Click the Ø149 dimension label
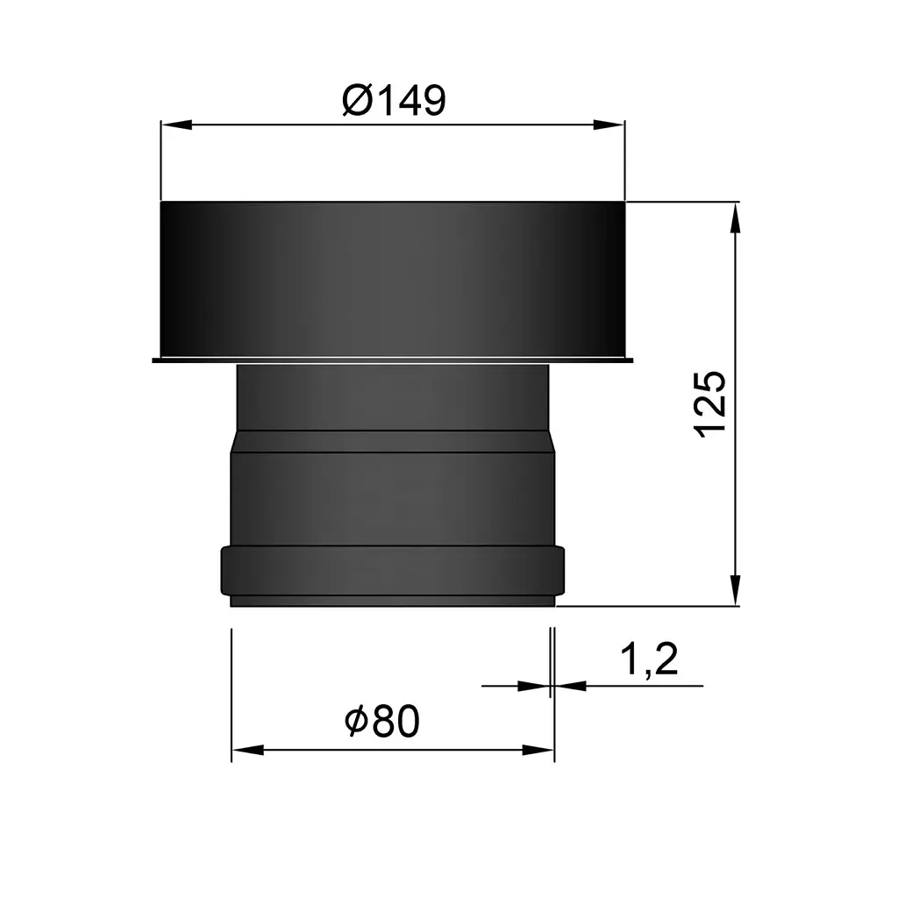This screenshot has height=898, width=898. [394, 101]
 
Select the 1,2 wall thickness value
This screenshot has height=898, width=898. [649, 659]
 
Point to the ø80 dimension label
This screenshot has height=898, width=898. [382, 723]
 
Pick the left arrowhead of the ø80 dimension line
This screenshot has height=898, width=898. [246, 751]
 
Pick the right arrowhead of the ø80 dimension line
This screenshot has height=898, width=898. [539, 751]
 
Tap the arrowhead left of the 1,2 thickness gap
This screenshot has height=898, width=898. [533, 686]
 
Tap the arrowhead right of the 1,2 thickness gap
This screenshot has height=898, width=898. [570, 686]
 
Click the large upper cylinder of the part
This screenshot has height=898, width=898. [393, 279]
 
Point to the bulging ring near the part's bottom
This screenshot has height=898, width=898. [393, 570]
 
